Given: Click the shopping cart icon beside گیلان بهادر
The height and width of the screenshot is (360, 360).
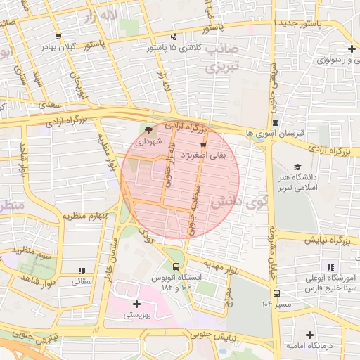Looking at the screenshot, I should tap(57, 37).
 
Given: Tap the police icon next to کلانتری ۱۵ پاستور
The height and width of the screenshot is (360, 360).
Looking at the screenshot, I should tap(173, 37).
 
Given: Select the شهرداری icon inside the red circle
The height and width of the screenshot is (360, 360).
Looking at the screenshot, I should tap(148, 130).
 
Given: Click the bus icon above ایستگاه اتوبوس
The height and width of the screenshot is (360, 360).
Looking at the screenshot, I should tap(175, 266).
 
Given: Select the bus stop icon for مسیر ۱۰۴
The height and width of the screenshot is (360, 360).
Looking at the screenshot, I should tap(276, 293).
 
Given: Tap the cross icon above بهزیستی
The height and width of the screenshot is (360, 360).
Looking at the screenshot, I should tap(136, 304).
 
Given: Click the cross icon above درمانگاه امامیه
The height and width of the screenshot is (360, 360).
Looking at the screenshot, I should tap(309, 335).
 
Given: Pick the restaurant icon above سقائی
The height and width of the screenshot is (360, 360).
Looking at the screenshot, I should tap(82, 270).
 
